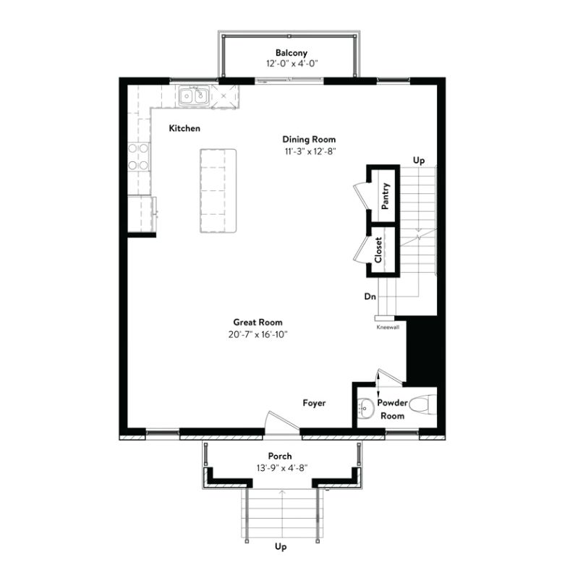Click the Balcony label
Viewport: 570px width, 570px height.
tap(291, 53)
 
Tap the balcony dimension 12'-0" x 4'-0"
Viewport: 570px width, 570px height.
tap(291, 64)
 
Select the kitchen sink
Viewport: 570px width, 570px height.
tap(194, 95)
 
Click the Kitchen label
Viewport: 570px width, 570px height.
tap(184, 128)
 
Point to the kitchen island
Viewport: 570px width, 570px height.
tap(218, 191)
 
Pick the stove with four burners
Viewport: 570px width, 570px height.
tap(139, 156)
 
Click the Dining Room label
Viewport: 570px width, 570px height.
tap(309, 140)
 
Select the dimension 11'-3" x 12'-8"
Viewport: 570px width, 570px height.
tap(309, 151)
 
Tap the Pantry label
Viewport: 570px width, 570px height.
tap(386, 196)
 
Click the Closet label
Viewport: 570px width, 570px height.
tap(378, 250)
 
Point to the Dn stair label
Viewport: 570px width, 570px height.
tap(369, 297)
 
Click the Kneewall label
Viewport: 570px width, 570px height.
tap(388, 327)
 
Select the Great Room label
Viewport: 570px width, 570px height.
tap(258, 323)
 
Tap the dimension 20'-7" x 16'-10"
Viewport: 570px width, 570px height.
tap(258, 334)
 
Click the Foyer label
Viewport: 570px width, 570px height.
tap(314, 403)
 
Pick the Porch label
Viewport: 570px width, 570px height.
tap(280, 456)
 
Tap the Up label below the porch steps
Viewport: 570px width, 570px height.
tap(281, 548)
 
